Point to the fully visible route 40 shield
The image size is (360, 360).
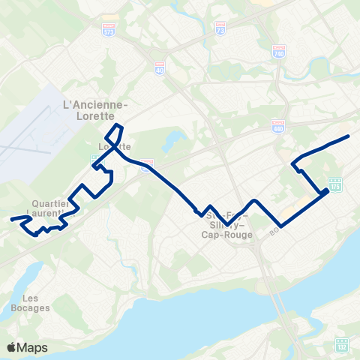(159, 67)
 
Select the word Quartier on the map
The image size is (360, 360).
(52, 203)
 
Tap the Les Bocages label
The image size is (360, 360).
(31, 302)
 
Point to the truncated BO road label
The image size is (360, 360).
(273, 234)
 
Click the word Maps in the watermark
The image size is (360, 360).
(33, 348)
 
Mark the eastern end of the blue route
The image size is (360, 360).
(349, 136)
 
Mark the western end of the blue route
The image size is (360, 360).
(11, 220)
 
